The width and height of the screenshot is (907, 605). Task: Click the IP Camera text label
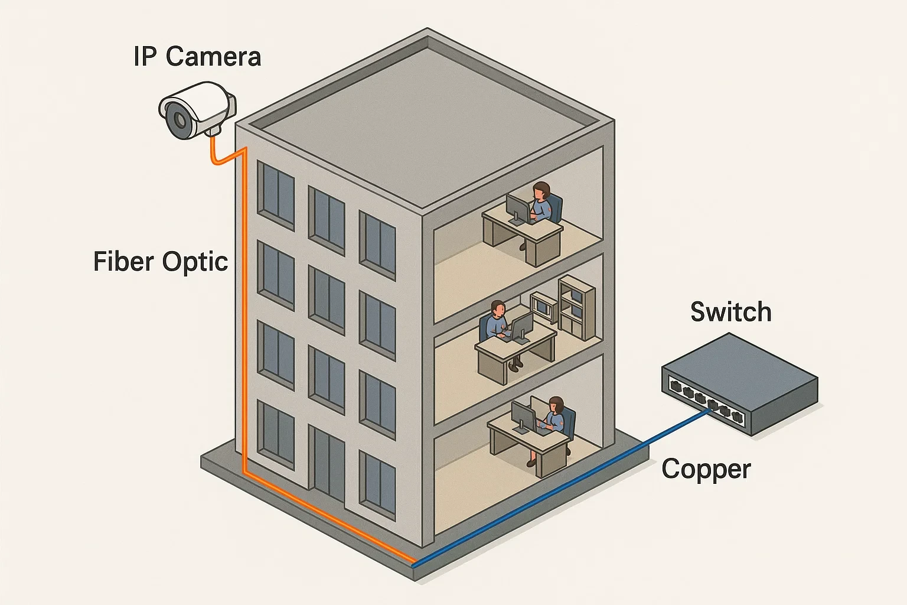click(x=197, y=57)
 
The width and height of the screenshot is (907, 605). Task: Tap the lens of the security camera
click(x=178, y=121)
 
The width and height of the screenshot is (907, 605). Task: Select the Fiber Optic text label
click(x=161, y=262)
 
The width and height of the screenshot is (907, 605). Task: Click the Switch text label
click(x=731, y=312)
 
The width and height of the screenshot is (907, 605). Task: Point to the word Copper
click(x=706, y=469)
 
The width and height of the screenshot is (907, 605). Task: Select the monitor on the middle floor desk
click(x=521, y=327)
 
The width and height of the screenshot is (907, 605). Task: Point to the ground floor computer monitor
click(x=523, y=416)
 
